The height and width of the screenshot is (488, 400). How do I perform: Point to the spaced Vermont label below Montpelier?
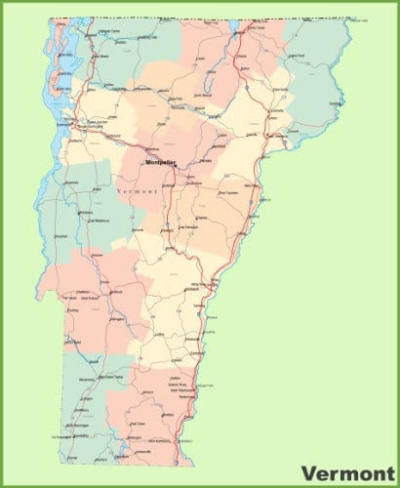(x=136, y=193)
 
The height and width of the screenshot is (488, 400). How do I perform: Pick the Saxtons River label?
(x=176, y=382)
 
